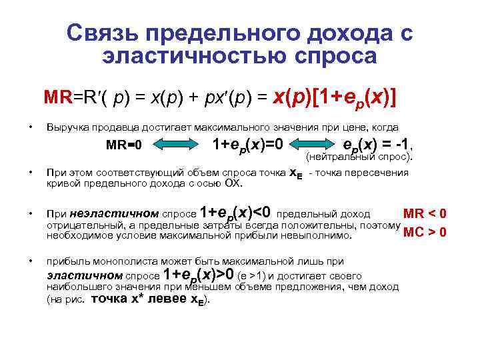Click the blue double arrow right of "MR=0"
(x=179, y=143)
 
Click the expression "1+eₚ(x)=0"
(x=247, y=143)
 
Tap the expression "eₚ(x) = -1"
(x=375, y=143)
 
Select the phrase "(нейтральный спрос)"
(x=359, y=158)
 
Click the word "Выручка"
(x=65, y=127)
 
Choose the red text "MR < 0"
(x=425, y=213)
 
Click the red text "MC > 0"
(x=425, y=233)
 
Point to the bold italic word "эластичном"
(x=85, y=275)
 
